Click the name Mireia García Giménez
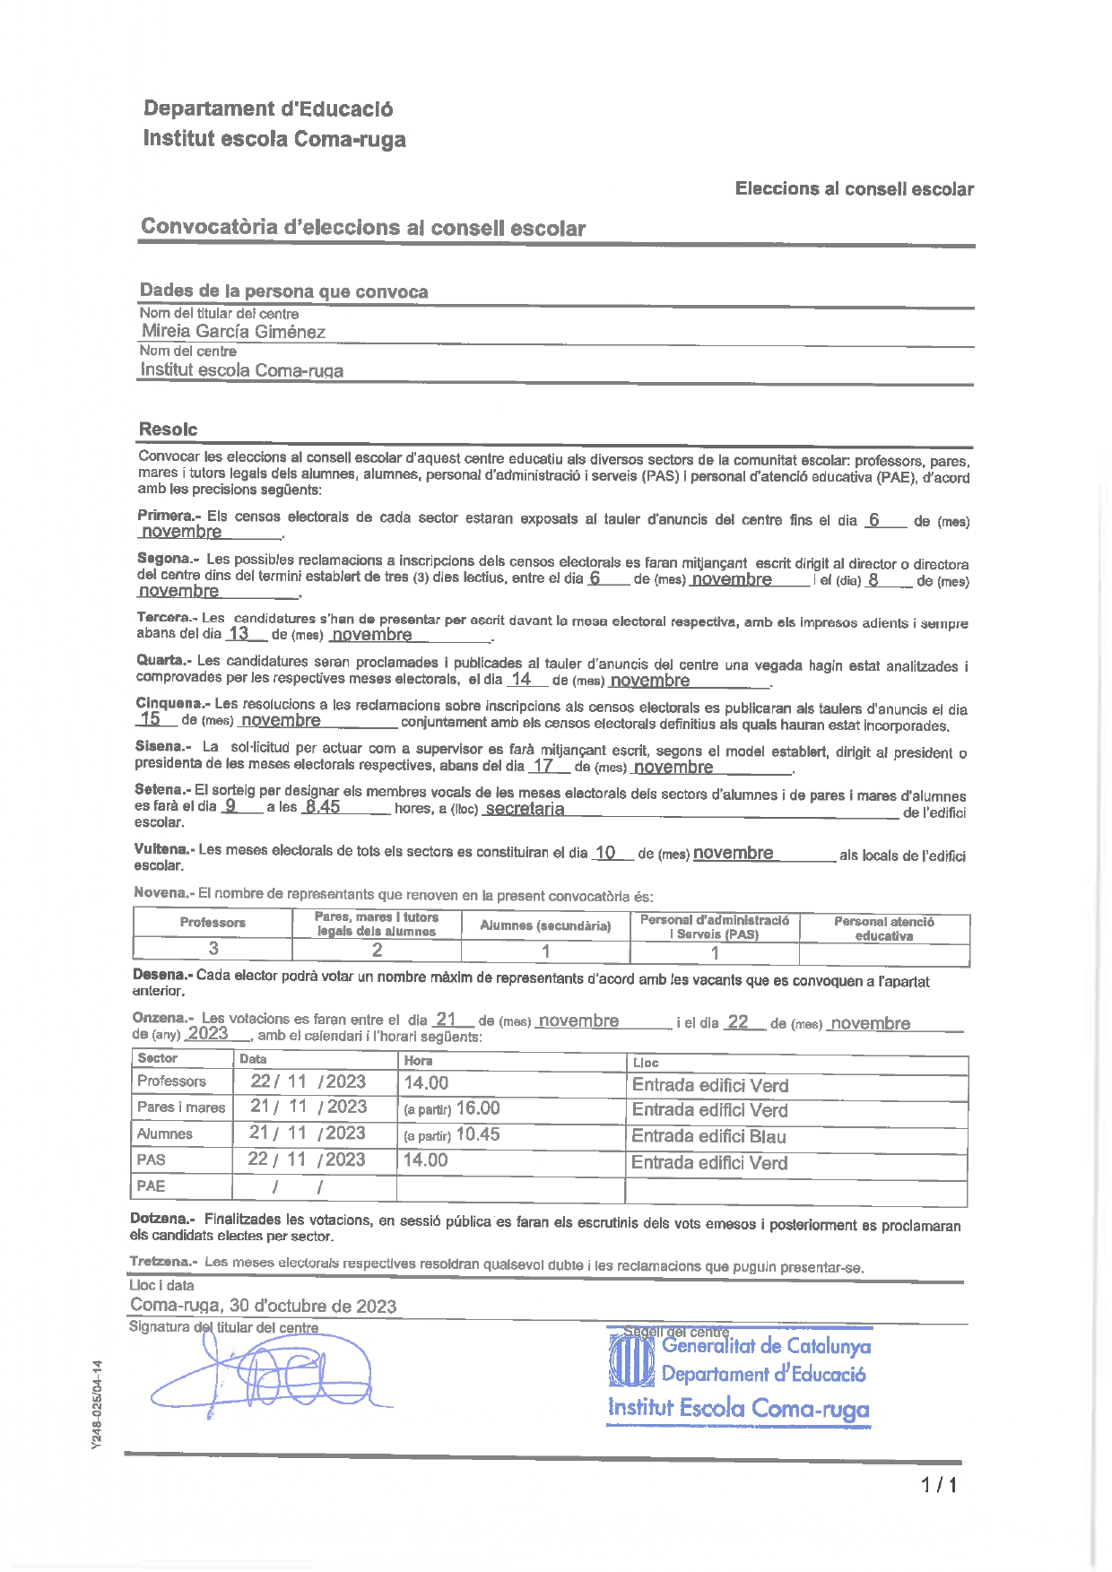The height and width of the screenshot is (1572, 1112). pyautogui.click(x=233, y=331)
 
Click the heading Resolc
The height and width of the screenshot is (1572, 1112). pyautogui.click(x=168, y=429)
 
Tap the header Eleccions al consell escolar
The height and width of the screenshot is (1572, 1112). pyautogui.click(x=854, y=188)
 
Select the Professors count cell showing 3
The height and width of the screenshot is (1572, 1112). pyautogui.click(x=213, y=949)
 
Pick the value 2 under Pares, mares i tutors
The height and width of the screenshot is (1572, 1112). pyautogui.click(x=377, y=951)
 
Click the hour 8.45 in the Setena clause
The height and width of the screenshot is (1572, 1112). pyautogui.click(x=322, y=806)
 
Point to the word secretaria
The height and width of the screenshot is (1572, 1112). pyautogui.click(x=525, y=808)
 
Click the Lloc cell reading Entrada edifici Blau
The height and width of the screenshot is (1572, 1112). pyautogui.click(x=708, y=1136)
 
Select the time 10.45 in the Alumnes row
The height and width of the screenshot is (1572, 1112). pyautogui.click(x=477, y=1134)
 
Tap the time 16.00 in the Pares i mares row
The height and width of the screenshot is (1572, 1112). pyautogui.click(x=477, y=1108)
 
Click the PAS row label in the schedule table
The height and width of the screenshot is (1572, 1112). pyautogui.click(x=151, y=1159)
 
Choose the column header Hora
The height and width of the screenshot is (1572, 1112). pyautogui.click(x=418, y=1060)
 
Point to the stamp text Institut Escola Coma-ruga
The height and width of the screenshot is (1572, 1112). pyautogui.click(x=738, y=1408)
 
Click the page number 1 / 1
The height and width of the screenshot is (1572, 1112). pyautogui.click(x=938, y=1485)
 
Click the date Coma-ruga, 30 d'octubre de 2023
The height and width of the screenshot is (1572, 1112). pyautogui.click(x=263, y=1306)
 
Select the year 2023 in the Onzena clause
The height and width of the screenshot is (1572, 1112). pyautogui.click(x=208, y=1033)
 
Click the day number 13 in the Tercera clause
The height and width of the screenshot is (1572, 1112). pyautogui.click(x=238, y=633)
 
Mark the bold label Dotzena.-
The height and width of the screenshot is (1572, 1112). pyautogui.click(x=162, y=1219)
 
